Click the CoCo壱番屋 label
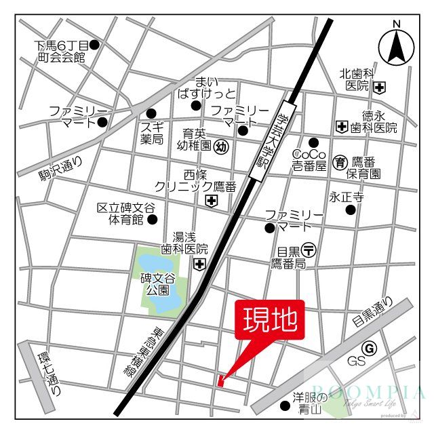coord(309,159)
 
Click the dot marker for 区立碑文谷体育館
coord(153,219)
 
